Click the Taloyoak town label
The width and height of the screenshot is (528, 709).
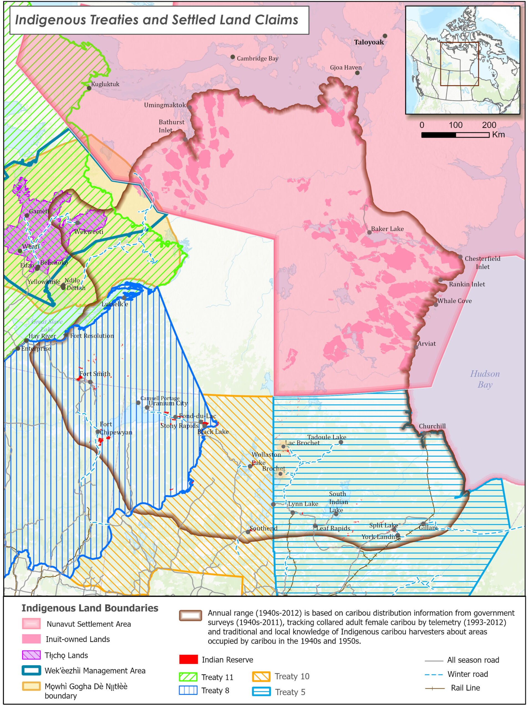click(369, 42)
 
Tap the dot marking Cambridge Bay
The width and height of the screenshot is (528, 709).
click(233, 57)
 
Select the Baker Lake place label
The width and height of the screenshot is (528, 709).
click(387, 228)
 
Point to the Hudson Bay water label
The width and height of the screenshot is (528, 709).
click(484, 379)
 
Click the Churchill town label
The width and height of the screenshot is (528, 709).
click(432, 426)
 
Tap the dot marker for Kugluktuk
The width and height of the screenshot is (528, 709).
click(89, 88)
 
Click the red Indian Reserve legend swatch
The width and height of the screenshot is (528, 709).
click(188, 659)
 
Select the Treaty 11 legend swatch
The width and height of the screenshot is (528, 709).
click(188, 677)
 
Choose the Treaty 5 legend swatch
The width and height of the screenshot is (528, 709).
click(261, 692)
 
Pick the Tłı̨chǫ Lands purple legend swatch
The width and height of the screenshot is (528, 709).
click(31, 655)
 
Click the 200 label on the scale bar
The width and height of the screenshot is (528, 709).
click(489, 125)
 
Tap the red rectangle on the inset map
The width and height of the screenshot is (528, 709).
click(459, 64)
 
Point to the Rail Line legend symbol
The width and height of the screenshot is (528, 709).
click(435, 688)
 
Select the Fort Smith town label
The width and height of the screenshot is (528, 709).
click(95, 374)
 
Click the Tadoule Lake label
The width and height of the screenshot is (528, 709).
click(326, 437)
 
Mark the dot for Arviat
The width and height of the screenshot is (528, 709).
click(416, 347)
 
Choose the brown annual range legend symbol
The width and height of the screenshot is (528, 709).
click(190, 615)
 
